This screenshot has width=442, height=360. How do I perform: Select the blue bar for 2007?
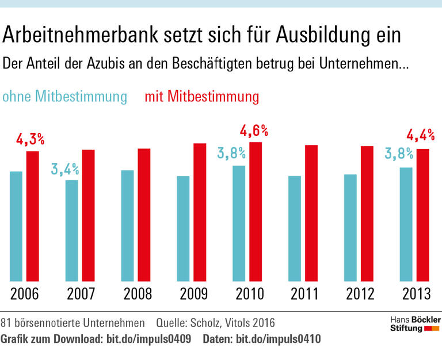click(x=72, y=230)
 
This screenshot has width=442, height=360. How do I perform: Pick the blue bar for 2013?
click(x=406, y=224)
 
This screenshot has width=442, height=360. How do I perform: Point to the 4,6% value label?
click(x=254, y=131)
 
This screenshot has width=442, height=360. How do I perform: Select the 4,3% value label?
click(x=29, y=139)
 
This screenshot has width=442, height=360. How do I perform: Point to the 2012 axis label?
click(x=361, y=294)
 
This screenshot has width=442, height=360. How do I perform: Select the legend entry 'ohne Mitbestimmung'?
click(x=64, y=96)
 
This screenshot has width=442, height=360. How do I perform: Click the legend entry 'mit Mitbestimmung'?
click(x=201, y=96)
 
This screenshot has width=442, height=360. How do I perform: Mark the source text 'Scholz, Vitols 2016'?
click(x=233, y=321)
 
